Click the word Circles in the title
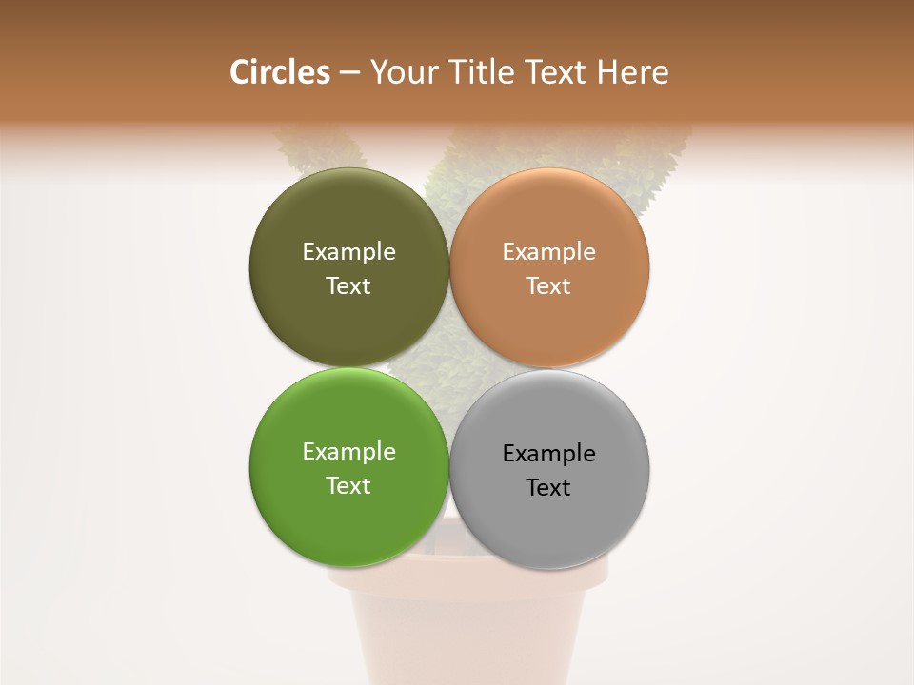pos(279,72)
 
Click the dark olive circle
pos(348,214)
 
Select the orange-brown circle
pos(548,214)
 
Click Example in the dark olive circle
pos(348,252)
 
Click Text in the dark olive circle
pos(348,286)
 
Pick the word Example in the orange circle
pos(548,252)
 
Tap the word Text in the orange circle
pos(548,286)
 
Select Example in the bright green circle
pos(348,452)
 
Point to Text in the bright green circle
pos(348,486)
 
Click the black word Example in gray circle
pos(548,454)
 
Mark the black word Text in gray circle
pos(548,488)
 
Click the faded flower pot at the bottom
pos(467,637)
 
